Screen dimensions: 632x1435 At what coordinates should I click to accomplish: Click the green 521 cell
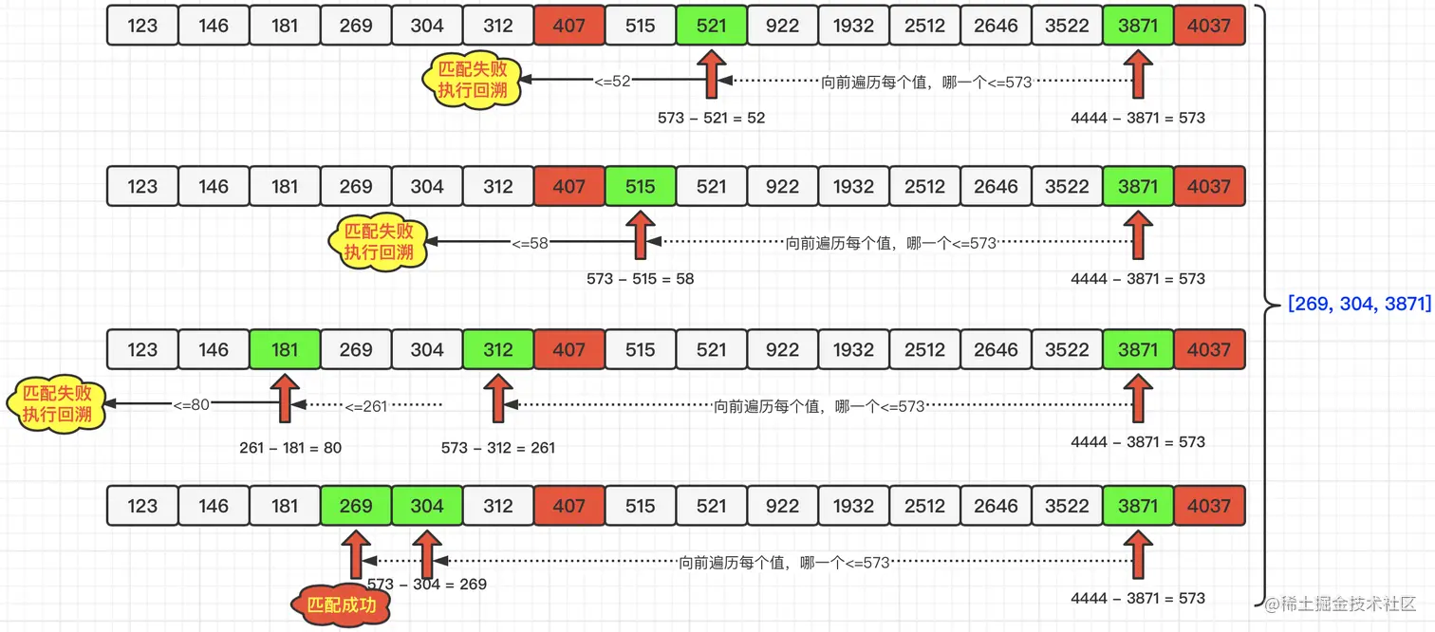pyautogui.click(x=711, y=26)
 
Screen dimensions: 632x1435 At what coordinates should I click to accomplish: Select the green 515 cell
pyautogui.click(x=641, y=187)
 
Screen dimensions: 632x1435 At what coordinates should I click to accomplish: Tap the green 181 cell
pyautogui.click(x=285, y=350)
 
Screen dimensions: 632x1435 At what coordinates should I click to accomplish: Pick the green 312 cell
pyautogui.click(x=498, y=350)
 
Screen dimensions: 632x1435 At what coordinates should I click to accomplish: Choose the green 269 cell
pyautogui.click(x=356, y=506)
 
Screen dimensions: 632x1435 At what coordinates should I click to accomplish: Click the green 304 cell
pyautogui.click(x=427, y=506)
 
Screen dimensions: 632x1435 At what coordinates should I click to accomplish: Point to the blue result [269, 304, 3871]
pyautogui.click(x=1359, y=305)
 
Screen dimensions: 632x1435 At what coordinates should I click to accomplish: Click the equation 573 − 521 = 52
pyautogui.click(x=711, y=119)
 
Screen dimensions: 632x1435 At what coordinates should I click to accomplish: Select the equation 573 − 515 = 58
pyautogui.click(x=641, y=279)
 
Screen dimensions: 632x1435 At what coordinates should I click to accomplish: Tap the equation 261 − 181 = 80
pyautogui.click(x=290, y=448)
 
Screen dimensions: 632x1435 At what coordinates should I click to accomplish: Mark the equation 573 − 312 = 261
pyautogui.click(x=498, y=448)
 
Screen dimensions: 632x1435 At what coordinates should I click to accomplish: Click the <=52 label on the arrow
pyautogui.click(x=612, y=82)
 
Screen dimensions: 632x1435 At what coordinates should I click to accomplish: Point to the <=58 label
pyautogui.click(x=531, y=243)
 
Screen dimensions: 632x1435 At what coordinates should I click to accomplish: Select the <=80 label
pyautogui.click(x=191, y=405)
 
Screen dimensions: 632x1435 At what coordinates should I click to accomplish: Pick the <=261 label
pyautogui.click(x=366, y=406)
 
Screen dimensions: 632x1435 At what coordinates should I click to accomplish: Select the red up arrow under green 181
pyautogui.click(x=285, y=399)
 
